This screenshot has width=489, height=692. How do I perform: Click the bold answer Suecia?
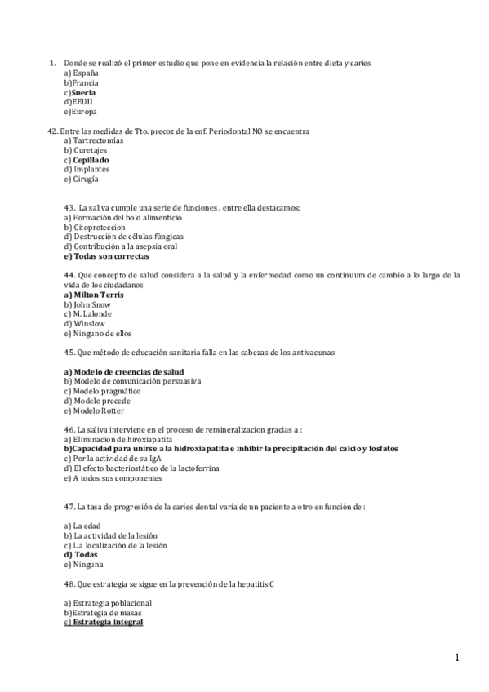(82, 92)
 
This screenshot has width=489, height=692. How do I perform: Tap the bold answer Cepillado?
(90, 160)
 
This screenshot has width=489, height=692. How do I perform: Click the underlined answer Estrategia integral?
(107, 623)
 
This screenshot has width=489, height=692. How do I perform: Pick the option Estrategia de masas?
(109, 613)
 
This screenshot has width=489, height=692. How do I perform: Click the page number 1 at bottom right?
(458, 658)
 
